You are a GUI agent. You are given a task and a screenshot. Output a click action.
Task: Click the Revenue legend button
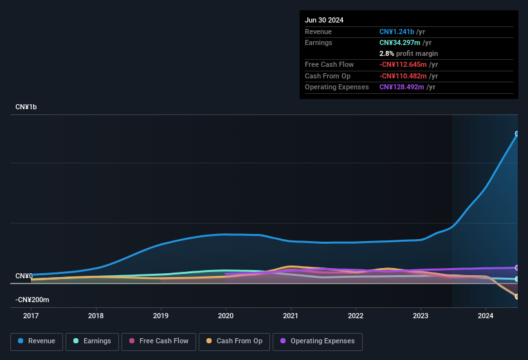[37, 341]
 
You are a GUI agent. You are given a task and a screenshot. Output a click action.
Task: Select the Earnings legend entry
[92, 341]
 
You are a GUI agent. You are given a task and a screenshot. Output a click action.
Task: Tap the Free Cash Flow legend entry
[159, 341]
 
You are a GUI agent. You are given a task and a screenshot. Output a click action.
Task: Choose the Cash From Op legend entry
[234, 341]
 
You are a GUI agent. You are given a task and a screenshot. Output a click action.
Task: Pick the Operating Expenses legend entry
[317, 341]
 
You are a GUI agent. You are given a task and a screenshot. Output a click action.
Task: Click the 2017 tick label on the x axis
[31, 316]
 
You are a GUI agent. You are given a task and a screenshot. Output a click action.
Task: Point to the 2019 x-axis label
[161, 316]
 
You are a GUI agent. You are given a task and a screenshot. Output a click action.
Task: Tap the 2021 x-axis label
[291, 316]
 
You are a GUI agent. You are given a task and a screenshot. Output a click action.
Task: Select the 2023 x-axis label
[421, 316]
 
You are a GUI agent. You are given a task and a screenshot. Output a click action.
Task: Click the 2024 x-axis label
[486, 316]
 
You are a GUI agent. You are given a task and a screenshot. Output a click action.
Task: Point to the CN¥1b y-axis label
[26, 107]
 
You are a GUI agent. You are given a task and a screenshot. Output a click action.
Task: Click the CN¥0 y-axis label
[24, 276]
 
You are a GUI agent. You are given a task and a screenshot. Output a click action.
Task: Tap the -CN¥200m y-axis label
[32, 300]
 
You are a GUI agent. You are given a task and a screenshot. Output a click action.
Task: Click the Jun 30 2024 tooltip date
[324, 20]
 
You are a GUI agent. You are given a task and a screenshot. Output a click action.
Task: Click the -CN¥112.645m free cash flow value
[408, 64]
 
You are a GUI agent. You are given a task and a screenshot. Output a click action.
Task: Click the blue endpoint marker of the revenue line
[517, 134]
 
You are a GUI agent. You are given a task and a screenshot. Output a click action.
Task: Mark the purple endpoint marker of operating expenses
[517, 267]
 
